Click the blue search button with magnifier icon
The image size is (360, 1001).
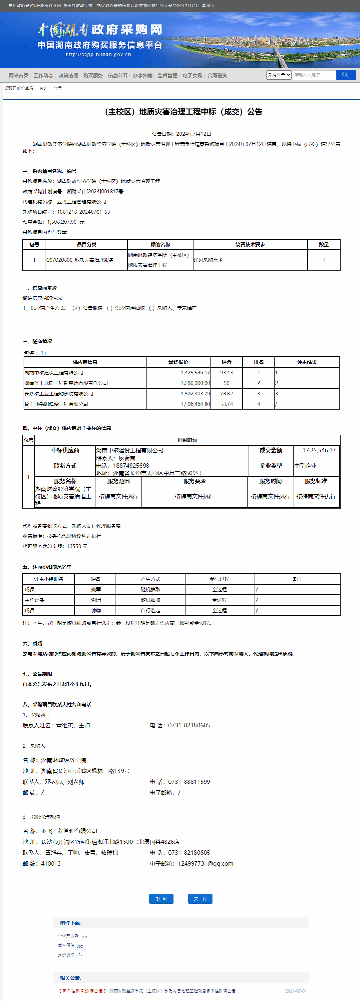(x=346, y=75)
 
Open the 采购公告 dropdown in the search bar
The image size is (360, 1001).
(x=279, y=75)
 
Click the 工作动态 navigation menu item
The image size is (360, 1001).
(x=43, y=75)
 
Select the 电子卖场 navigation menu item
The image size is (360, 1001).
(x=192, y=75)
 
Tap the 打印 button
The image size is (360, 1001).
(x=161, y=899)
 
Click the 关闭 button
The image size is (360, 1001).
(x=200, y=899)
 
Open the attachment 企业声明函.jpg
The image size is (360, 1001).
(x=72, y=936)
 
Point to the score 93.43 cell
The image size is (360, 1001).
(x=226, y=373)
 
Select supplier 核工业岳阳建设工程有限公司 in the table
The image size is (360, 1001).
(x=56, y=404)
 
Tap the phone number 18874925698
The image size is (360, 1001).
(x=131, y=466)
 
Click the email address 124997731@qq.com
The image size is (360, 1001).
(x=205, y=863)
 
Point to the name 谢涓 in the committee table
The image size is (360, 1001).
(x=96, y=600)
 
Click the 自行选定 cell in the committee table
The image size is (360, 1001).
(x=151, y=610)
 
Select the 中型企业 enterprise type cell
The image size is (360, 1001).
(x=306, y=466)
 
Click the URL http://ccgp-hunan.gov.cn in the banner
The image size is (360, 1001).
(x=98, y=54)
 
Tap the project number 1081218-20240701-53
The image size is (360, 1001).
(x=83, y=212)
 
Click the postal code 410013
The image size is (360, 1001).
(x=51, y=863)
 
